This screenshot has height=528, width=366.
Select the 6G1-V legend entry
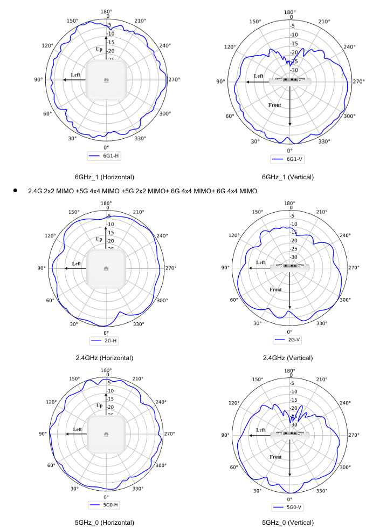pyautogui.click(x=289, y=159)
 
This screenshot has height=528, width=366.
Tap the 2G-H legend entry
pyautogui.click(x=106, y=341)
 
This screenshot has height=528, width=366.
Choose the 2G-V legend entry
pyautogui.click(x=289, y=340)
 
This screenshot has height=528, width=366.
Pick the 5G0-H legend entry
pyautogui.click(x=106, y=505)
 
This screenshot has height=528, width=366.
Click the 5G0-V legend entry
pyautogui.click(x=289, y=507)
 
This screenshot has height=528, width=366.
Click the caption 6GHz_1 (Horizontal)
pyautogui.click(x=105, y=177)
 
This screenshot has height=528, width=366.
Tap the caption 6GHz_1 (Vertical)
pyautogui.click(x=287, y=177)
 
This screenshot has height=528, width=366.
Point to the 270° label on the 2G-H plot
pyautogui.click(x=171, y=268)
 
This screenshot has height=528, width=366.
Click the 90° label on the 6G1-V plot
pyautogui.click(x=220, y=82)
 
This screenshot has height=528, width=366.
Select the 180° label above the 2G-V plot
pyautogui.click(x=289, y=204)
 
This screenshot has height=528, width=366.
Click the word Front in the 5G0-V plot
pyautogui.click(x=275, y=457)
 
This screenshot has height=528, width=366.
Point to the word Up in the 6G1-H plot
pyautogui.click(x=99, y=49)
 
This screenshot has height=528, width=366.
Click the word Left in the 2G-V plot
pyautogui.click(x=261, y=262)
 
